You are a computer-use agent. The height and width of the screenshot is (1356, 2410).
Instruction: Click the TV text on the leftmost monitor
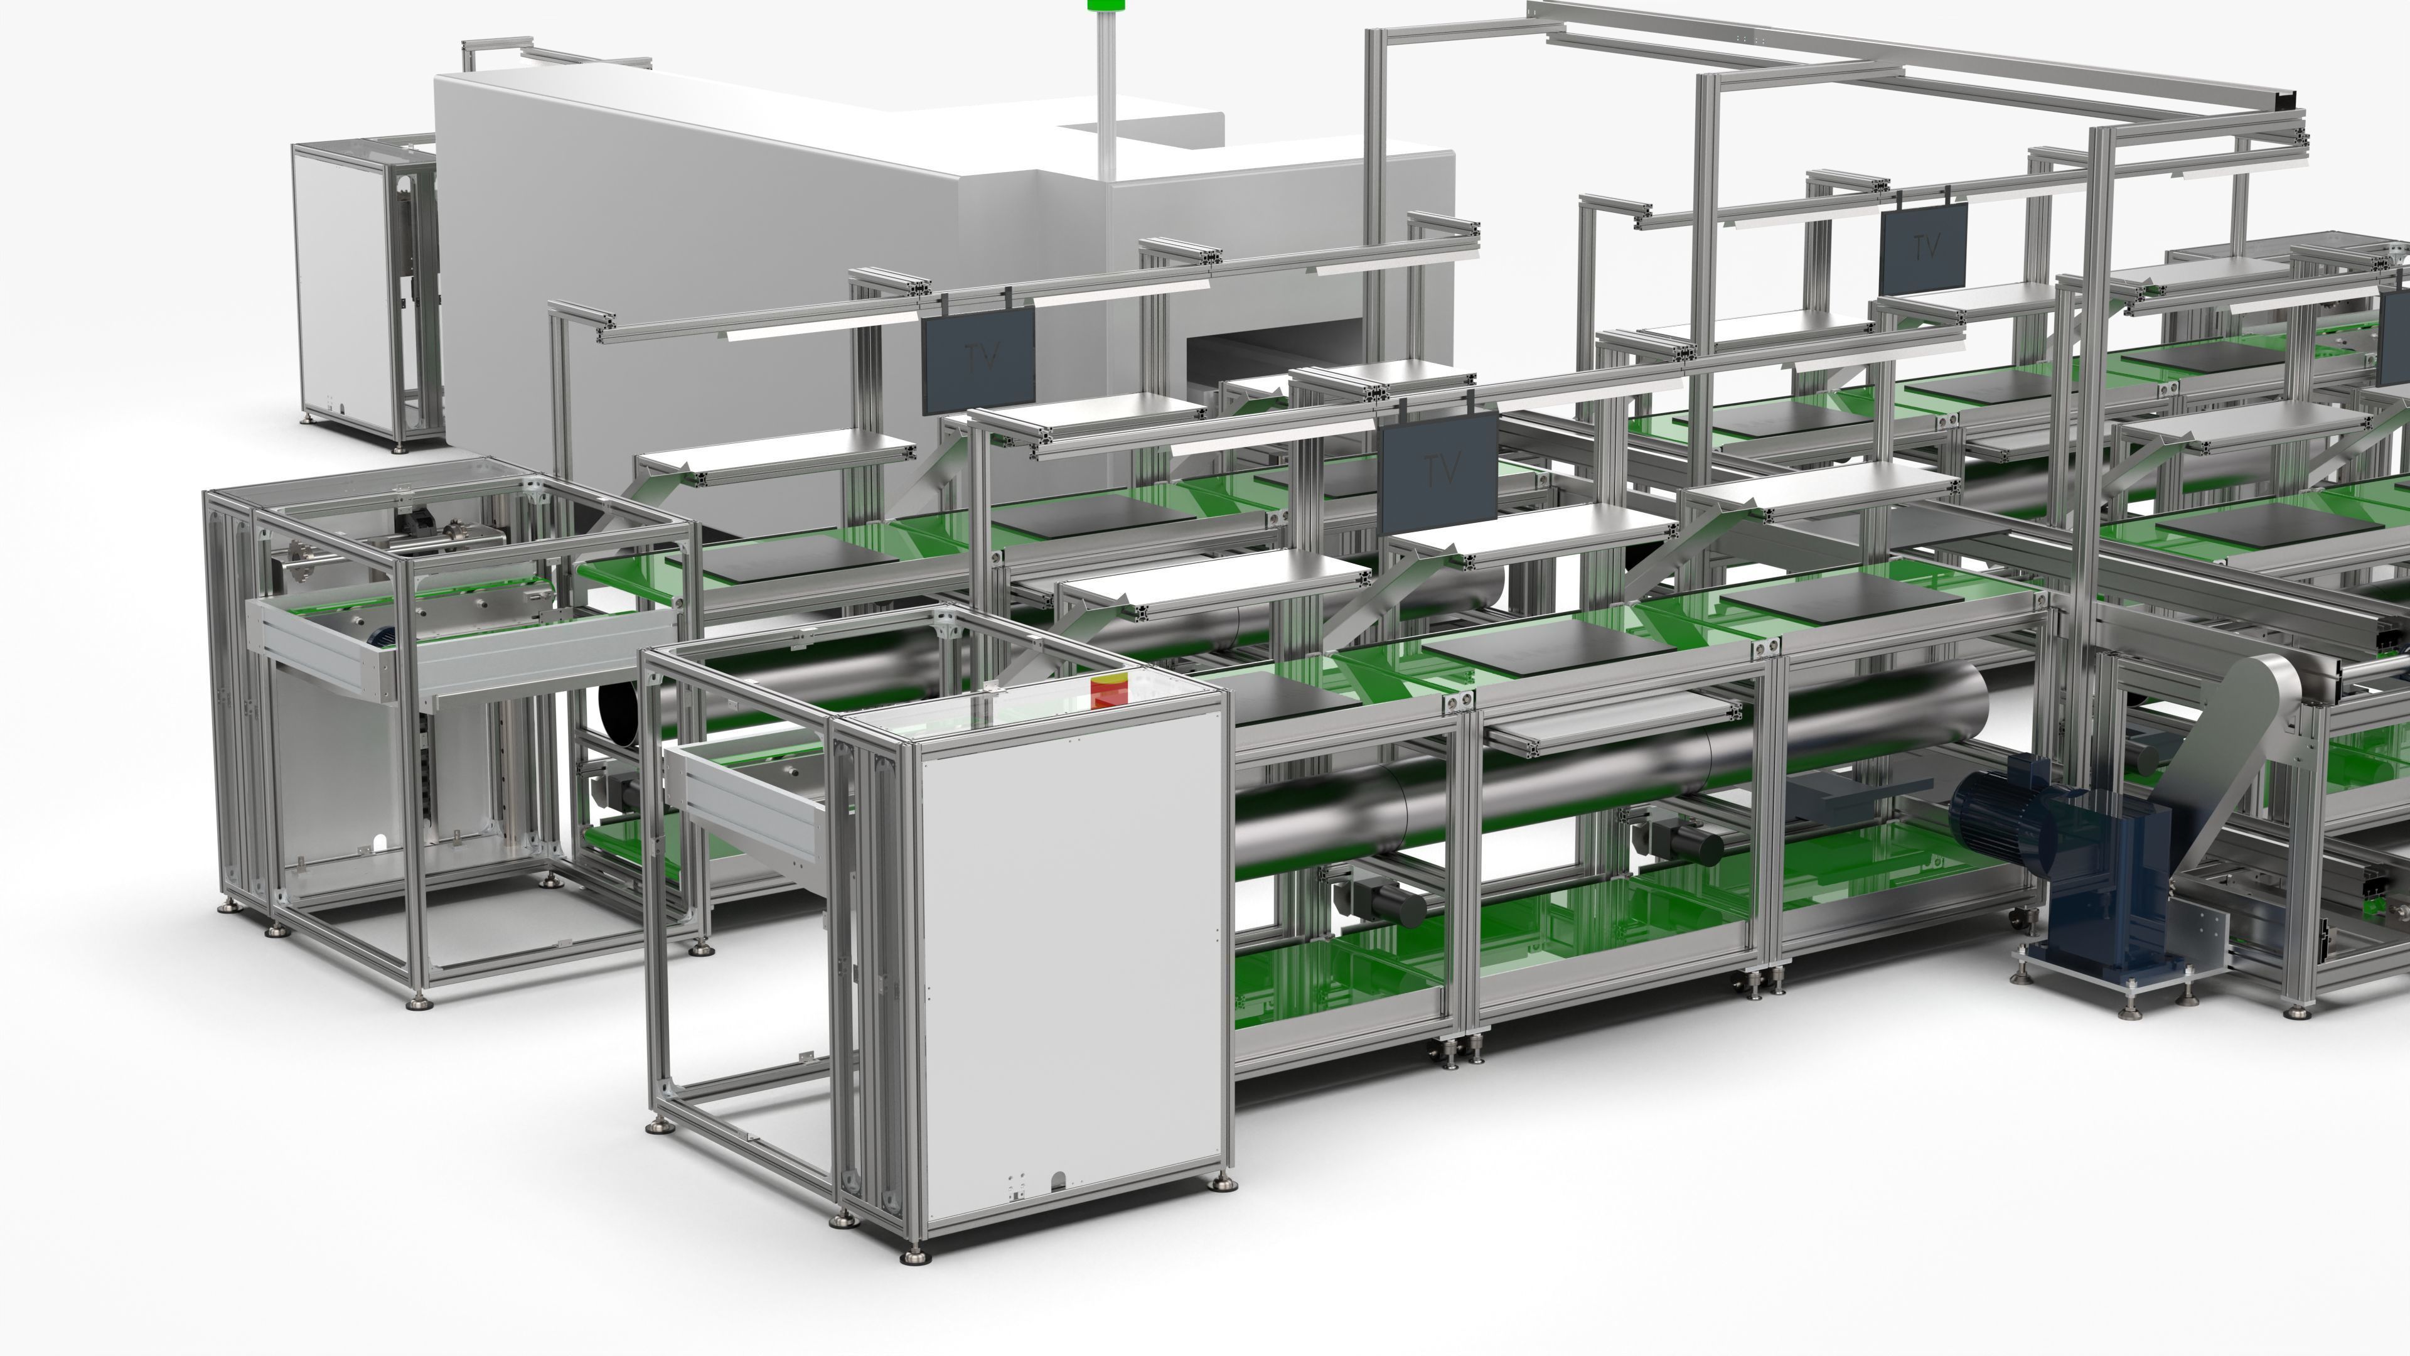980,355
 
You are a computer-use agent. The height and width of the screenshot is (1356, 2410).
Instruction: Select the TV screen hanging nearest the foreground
1439,471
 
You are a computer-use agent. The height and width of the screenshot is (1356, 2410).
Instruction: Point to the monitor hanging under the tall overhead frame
1924,248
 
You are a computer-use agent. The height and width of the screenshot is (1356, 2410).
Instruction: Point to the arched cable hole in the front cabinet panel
1059,1181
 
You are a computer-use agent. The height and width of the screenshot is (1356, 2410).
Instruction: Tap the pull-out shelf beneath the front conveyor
1609,725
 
